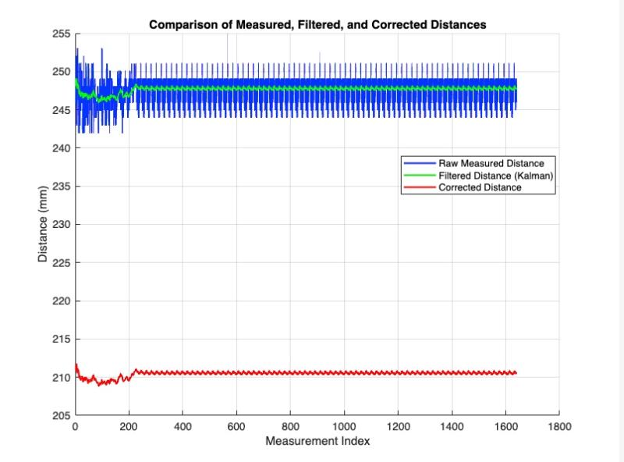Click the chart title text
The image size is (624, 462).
317,24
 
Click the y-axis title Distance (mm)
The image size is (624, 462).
44,223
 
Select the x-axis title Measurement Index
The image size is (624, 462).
317,442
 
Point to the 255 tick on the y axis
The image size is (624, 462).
61,34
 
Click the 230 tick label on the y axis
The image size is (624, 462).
61,225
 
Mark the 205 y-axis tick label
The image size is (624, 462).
61,415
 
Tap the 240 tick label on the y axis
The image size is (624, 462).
61,148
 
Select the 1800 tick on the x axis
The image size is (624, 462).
559,428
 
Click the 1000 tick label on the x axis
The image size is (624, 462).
344,428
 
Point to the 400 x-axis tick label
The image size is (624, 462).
183,428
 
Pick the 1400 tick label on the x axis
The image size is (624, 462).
452,428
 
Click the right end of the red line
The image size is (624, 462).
516,373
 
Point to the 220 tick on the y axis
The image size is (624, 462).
61,301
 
